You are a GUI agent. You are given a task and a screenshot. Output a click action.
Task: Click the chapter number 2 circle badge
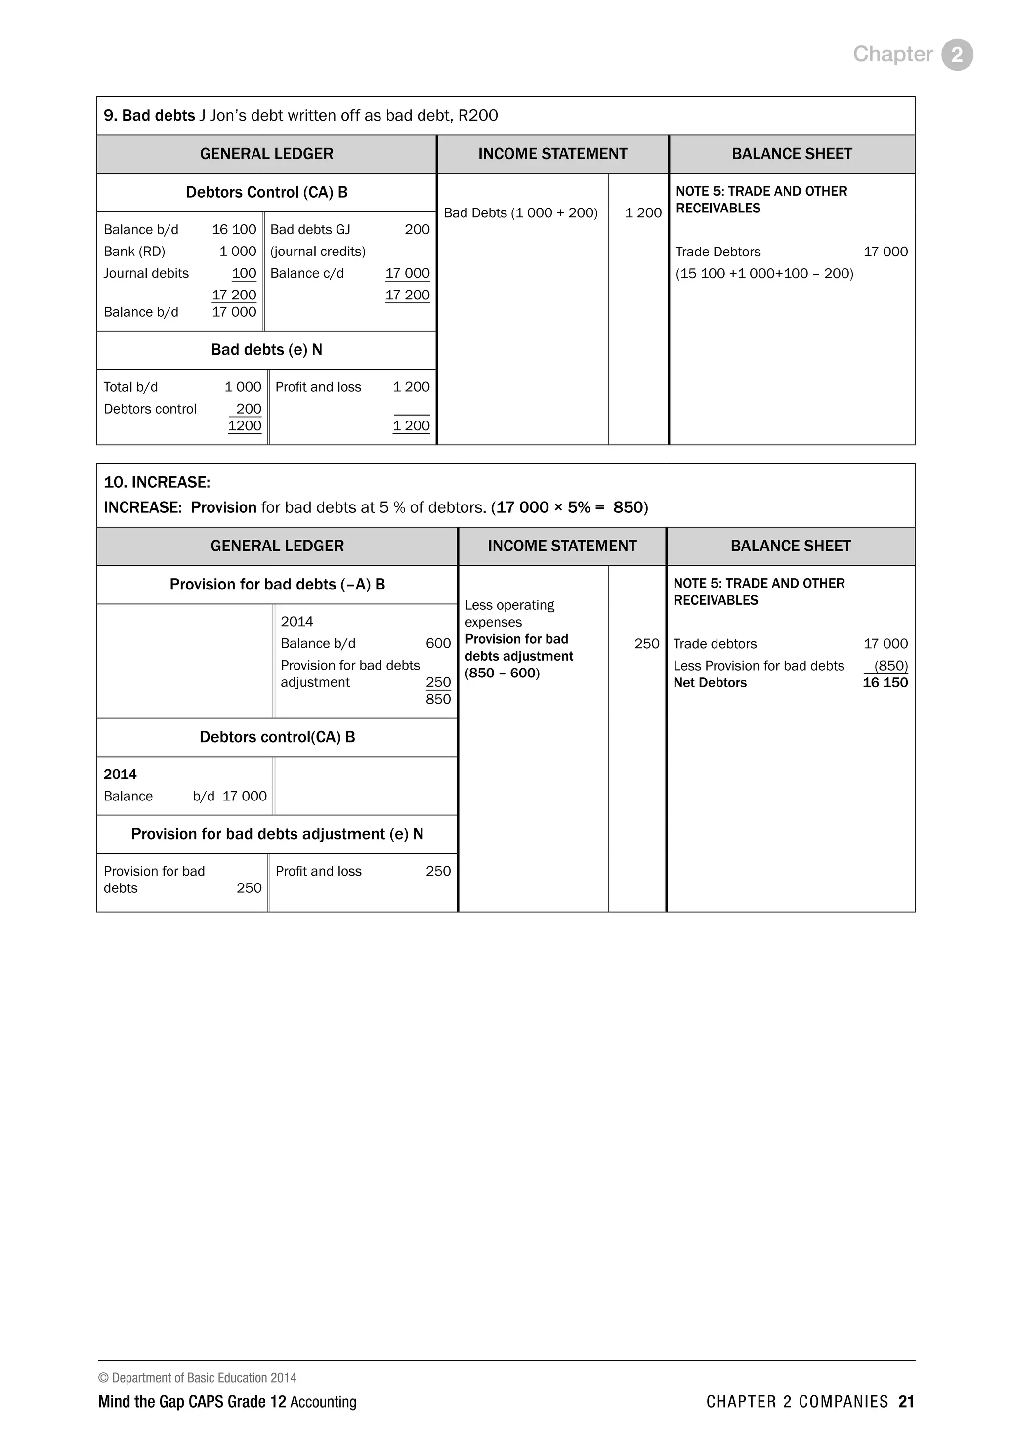point(957,55)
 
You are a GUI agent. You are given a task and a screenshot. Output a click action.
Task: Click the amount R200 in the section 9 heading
point(478,116)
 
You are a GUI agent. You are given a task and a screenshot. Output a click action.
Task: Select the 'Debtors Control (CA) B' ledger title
point(267,193)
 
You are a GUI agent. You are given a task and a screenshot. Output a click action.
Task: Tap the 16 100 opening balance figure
point(234,230)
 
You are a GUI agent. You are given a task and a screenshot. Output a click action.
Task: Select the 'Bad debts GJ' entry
point(310,230)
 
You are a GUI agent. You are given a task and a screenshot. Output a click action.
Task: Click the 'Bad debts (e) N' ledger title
point(267,350)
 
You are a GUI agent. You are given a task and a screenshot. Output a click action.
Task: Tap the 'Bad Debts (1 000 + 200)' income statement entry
point(520,213)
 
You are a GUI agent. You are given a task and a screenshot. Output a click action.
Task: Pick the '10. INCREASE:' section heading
point(157,482)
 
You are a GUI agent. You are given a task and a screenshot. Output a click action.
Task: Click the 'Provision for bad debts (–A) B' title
point(277,585)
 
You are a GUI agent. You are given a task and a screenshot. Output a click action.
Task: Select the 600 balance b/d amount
point(438,644)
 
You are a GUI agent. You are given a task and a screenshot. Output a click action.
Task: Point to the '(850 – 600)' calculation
point(502,673)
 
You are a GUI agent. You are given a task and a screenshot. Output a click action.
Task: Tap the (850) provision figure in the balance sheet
point(890,666)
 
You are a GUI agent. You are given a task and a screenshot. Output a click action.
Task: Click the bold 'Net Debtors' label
point(710,683)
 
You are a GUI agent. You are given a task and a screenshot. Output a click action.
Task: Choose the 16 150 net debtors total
point(885,683)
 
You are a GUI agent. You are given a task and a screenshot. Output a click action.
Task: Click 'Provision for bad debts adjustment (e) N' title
point(277,835)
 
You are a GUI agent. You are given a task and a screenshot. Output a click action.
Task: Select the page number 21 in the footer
point(906,1402)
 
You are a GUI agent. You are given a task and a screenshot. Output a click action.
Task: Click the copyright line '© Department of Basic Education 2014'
point(198,1378)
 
